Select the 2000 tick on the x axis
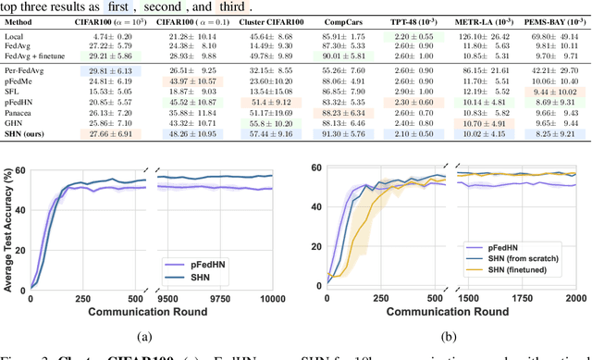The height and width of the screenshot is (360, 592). pos(575,299)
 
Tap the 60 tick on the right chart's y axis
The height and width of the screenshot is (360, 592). pos(316,168)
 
